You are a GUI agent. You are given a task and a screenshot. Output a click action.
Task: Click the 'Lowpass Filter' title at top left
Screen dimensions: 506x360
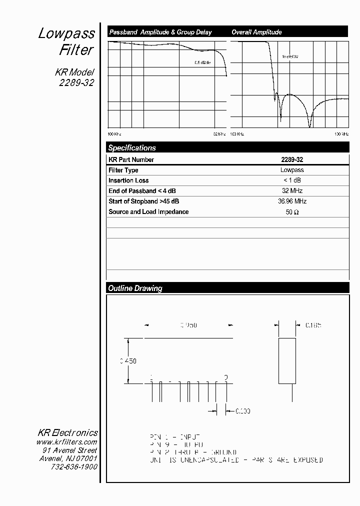coord(67,41)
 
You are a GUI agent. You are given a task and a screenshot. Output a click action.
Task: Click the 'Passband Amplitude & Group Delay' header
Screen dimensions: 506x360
coord(160,32)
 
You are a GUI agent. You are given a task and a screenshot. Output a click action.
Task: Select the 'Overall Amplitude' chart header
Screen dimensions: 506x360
coord(256,32)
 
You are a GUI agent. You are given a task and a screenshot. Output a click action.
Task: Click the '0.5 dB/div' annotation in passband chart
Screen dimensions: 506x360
coord(202,62)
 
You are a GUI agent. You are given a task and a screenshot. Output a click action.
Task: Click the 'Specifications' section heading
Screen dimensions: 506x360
coord(132,148)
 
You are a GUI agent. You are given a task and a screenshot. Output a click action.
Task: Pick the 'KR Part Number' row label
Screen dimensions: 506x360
coord(131,160)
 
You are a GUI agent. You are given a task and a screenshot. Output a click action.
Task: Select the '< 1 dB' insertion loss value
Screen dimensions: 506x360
coord(292,180)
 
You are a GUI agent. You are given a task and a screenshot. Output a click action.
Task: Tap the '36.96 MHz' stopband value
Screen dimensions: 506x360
coord(292,201)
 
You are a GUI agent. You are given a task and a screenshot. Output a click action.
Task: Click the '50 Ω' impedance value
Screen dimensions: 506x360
coord(292,212)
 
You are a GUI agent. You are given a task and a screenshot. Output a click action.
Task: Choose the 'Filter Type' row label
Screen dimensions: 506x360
coord(123,170)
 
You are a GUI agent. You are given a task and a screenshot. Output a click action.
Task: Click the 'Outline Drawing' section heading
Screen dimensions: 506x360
coord(135,288)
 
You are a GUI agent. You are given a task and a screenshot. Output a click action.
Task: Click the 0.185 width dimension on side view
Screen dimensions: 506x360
coord(313,325)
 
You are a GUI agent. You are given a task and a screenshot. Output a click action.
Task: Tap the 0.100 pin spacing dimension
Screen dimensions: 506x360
coord(242,411)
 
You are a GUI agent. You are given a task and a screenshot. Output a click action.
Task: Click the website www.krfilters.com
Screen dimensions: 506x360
coord(66,442)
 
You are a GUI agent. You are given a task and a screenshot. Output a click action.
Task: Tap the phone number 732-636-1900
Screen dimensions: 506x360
coord(74,466)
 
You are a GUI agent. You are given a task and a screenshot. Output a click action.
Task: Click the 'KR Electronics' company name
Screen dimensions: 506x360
coord(68,433)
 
